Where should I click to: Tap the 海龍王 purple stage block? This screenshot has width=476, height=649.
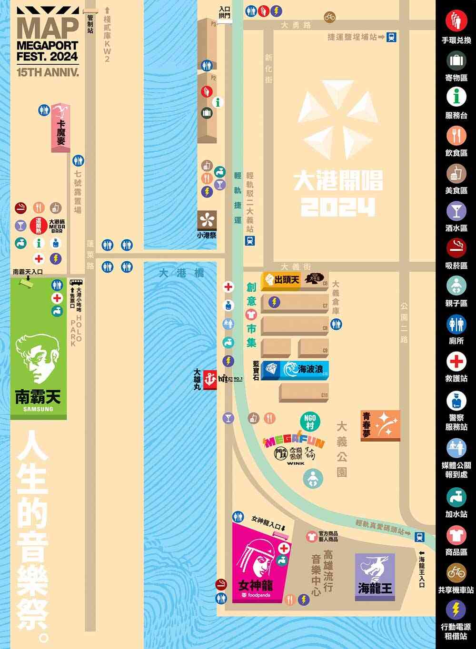coord(375,576)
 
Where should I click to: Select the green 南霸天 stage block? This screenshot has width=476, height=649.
coord(39,362)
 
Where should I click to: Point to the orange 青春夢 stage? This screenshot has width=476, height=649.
coord(380,425)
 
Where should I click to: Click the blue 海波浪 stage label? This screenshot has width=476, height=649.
coord(304,370)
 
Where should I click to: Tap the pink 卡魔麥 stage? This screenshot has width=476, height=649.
coord(60,128)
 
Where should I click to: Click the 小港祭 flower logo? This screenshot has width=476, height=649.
coord(207,220)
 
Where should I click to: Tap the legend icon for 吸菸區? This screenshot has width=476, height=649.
coord(456,247)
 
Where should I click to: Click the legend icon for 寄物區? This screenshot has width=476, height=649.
coord(456,59)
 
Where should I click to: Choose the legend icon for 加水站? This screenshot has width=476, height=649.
coord(456,497)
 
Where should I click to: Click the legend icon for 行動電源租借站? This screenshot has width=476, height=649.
coord(456,610)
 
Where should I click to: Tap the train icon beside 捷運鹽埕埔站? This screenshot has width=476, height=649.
coord(391,37)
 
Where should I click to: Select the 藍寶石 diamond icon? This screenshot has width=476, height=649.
coord(270,370)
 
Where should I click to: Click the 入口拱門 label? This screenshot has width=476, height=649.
coord(224,12)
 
